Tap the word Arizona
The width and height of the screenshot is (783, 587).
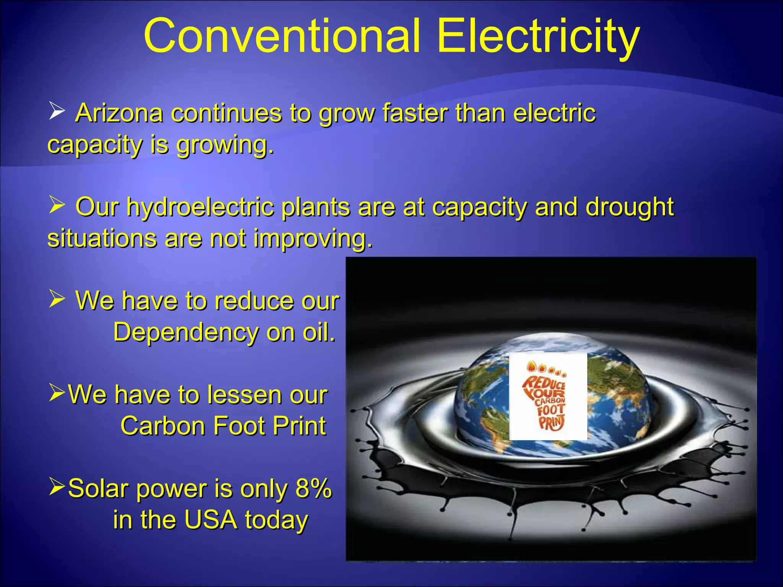click(x=119, y=114)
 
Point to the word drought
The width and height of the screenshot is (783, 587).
click(x=629, y=208)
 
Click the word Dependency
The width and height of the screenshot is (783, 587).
click(x=185, y=332)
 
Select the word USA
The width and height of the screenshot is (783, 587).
click(x=210, y=520)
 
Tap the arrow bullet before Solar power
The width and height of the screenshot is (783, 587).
click(x=57, y=486)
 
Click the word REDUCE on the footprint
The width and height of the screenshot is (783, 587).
click(x=543, y=382)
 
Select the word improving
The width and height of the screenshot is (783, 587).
click(x=313, y=238)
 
